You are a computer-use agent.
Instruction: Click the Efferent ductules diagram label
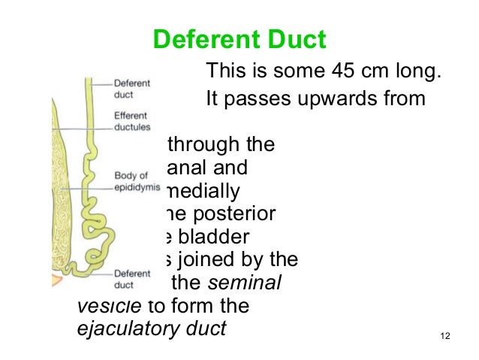(x=132, y=122)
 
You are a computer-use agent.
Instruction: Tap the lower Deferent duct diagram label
(x=131, y=280)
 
